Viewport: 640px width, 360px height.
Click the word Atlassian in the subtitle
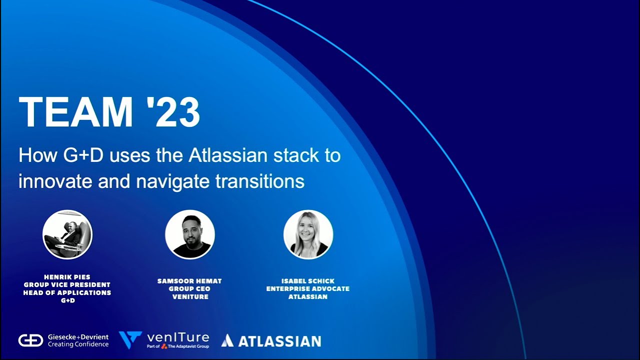pyautogui.click(x=228, y=155)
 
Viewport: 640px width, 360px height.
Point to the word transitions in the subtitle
pyautogui.click(x=259, y=181)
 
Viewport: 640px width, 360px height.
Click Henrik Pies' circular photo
pyautogui.click(x=67, y=234)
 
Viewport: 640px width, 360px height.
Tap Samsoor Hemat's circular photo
pyautogui.click(x=190, y=234)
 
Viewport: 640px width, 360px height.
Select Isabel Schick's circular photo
pyautogui.click(x=308, y=234)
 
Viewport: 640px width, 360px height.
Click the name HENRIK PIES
pyautogui.click(x=67, y=277)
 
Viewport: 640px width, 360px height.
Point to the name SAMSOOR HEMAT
pyautogui.click(x=189, y=281)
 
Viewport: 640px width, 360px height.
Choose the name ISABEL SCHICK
pyautogui.click(x=308, y=281)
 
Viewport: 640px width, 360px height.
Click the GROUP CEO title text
pyautogui.click(x=189, y=289)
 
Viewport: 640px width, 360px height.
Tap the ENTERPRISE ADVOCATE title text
pyautogui.click(x=308, y=289)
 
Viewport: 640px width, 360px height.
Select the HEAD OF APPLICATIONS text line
pyautogui.click(x=67, y=292)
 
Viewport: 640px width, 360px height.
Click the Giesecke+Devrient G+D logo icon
pyautogui.click(x=30, y=340)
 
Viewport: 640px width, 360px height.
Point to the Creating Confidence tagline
pyautogui.click(x=78, y=344)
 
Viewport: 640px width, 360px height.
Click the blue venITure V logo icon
pyautogui.click(x=130, y=339)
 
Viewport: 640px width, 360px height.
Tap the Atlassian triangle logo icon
pyautogui.click(x=227, y=341)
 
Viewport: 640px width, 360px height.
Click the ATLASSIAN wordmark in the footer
pyautogui.click(x=279, y=341)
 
